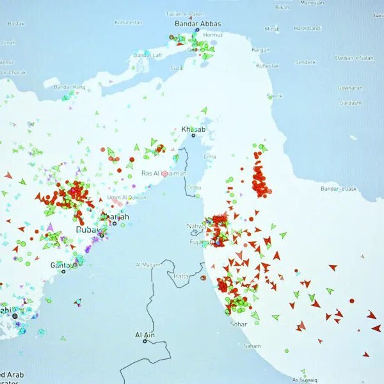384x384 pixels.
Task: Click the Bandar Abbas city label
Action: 198,24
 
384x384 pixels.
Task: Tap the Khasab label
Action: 193,130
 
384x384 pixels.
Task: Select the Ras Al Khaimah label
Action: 164,173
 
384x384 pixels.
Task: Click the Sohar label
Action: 238,324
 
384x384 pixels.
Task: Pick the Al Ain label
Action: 145,335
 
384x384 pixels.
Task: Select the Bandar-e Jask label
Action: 339,189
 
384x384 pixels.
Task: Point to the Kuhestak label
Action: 267,65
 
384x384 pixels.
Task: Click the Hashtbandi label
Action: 307,28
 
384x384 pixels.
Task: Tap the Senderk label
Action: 305,62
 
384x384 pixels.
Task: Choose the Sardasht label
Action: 351,102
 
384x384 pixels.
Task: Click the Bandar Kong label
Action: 69,87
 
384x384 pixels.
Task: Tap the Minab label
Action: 272,29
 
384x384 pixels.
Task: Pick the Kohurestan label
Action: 128,22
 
